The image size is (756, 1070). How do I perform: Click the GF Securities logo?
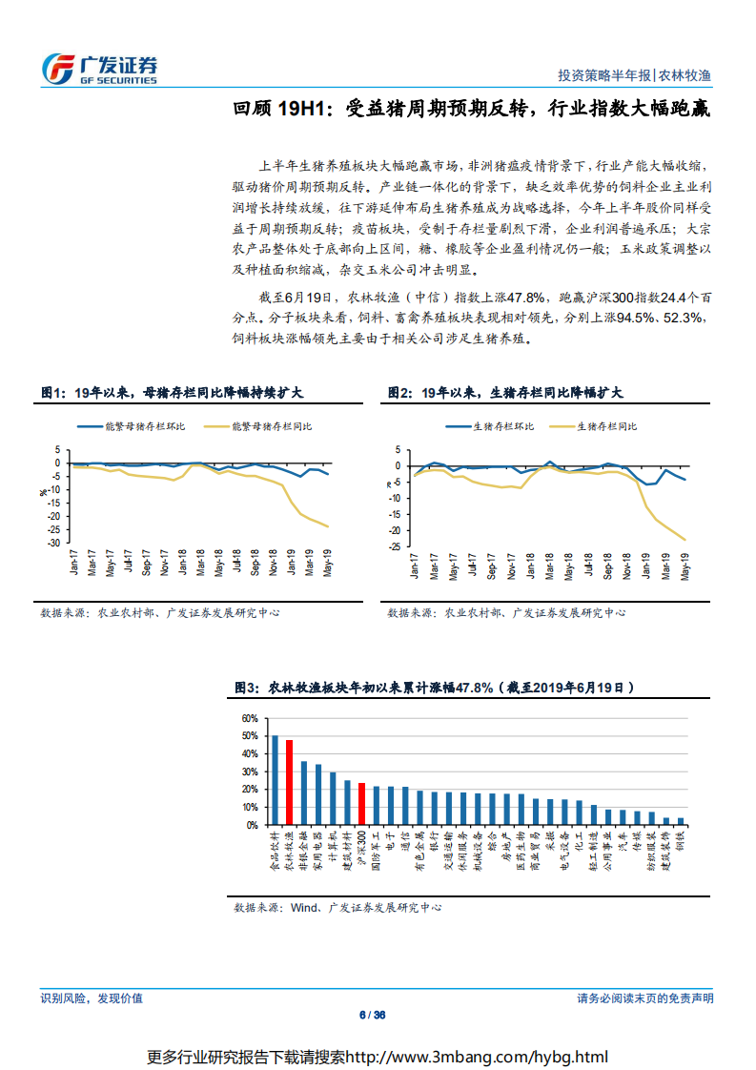coord(99,68)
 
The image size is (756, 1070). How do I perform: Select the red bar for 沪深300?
coord(361,804)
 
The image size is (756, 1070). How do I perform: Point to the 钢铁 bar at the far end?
coord(680,820)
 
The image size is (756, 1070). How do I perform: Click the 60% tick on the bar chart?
coord(249,718)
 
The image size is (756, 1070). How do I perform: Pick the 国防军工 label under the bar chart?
coord(376,852)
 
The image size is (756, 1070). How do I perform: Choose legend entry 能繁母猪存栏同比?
coord(271,426)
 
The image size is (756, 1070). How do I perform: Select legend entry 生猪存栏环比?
coord(504,426)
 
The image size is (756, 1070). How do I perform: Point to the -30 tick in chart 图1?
coord(55,543)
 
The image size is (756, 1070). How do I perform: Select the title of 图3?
coord(434,687)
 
